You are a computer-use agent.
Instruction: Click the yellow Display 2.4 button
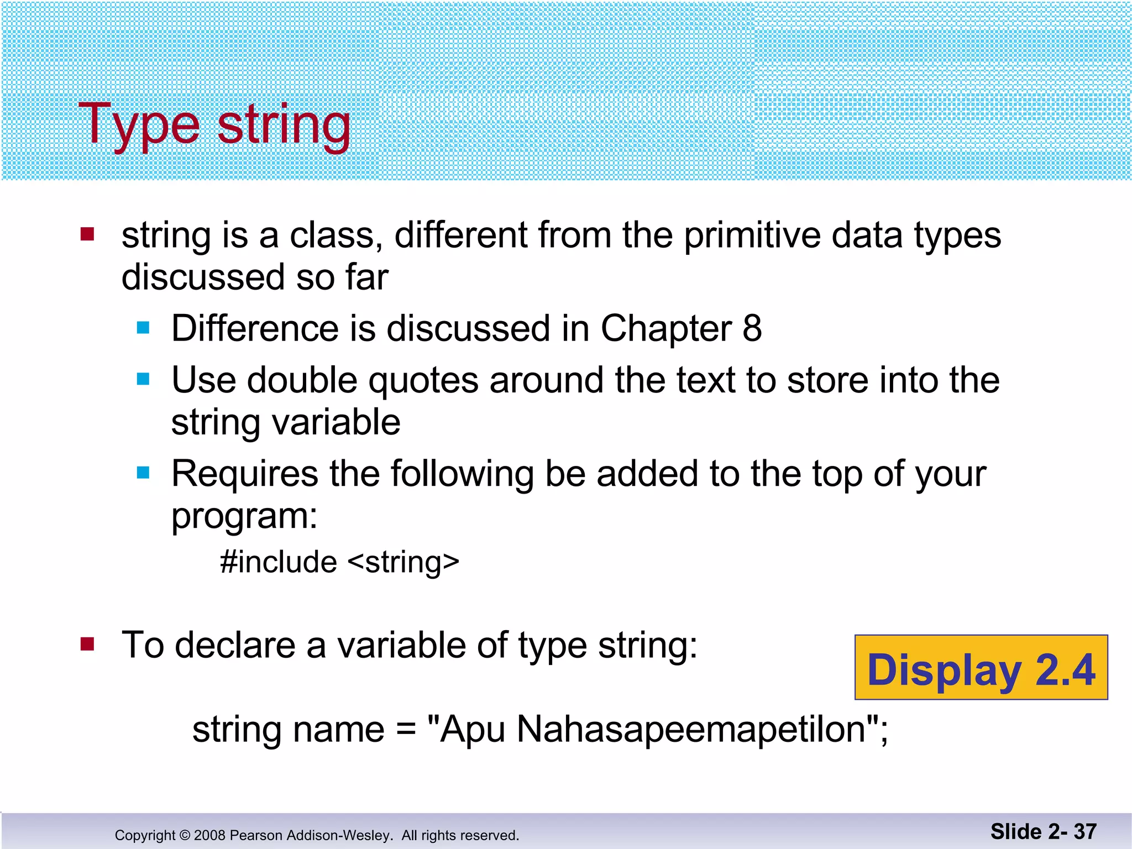[981, 668]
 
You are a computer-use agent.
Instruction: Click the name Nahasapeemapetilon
[691, 729]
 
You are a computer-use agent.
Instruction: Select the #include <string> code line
[339, 562]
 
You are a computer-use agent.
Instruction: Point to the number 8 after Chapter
[752, 328]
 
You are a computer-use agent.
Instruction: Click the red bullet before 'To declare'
[87, 644]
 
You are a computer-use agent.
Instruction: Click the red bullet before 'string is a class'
[87, 234]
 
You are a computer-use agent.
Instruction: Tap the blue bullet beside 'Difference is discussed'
[143, 328]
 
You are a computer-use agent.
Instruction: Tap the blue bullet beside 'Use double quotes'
[143, 379]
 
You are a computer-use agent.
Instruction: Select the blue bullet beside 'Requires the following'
[143, 473]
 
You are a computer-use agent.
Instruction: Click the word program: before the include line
[244, 516]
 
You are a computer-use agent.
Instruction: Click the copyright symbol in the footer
[185, 835]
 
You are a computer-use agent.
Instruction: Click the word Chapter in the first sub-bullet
[666, 328]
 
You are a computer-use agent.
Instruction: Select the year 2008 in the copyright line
[209, 835]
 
